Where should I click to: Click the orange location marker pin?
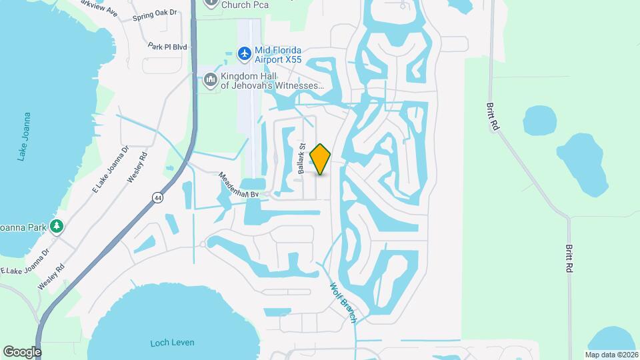[321, 159]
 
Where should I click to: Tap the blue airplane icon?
[245, 53]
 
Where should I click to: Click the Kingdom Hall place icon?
[211, 81]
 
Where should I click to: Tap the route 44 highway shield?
[157, 197]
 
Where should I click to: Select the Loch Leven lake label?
[173, 342]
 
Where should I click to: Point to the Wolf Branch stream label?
[343, 302]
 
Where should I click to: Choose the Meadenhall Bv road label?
[239, 185]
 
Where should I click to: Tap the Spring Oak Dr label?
[155, 13]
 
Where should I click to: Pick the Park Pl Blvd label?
[168, 47]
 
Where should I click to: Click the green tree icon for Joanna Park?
[58, 227]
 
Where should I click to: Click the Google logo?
[22, 351]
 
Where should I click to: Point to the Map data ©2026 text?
[611, 355]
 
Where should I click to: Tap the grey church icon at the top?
[212, 3]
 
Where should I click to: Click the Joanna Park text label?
[24, 227]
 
